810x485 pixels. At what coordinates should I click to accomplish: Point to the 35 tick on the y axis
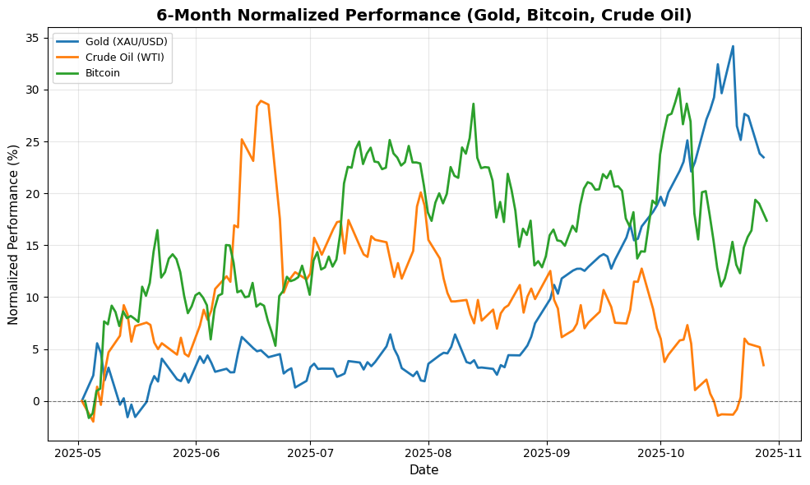coord(31,38)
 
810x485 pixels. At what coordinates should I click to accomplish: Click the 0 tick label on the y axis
coord(35,401)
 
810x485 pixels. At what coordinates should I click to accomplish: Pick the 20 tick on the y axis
coord(31,193)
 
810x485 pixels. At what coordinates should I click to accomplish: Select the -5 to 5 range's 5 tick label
coord(35,349)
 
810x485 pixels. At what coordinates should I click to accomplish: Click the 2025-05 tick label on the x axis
coord(79,452)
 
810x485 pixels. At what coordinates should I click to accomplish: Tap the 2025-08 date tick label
coord(428,452)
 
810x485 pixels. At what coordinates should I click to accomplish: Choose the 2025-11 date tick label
coord(778,452)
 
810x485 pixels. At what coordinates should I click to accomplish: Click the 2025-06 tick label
coord(196,452)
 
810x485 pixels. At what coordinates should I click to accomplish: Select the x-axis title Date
coord(424,470)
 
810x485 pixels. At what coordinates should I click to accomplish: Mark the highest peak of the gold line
coord(733,46)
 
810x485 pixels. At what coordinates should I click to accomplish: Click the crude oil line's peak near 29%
coord(261,101)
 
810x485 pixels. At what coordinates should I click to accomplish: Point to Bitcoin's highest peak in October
coord(678,89)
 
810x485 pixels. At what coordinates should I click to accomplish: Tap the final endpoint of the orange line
coord(763,365)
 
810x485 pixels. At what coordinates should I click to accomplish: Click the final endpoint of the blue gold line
coord(763,157)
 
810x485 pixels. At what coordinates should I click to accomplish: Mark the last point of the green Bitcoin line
coord(766,220)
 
